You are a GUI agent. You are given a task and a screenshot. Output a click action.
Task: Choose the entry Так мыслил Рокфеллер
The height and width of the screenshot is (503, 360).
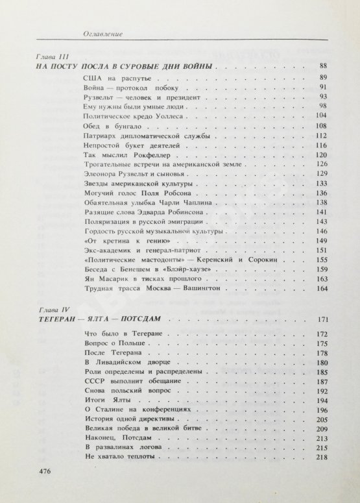click(x=124, y=156)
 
